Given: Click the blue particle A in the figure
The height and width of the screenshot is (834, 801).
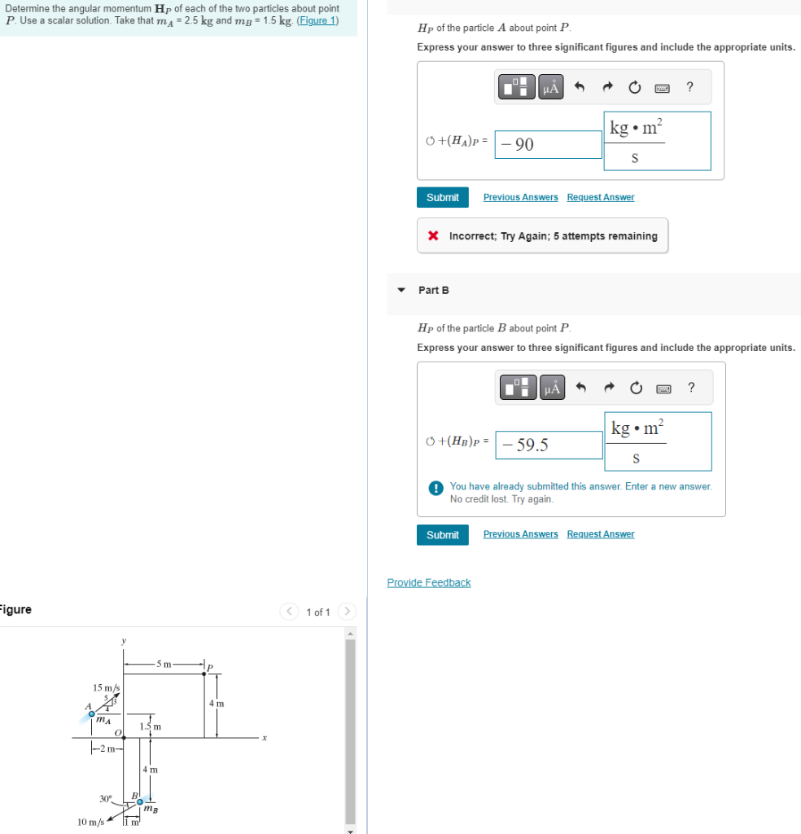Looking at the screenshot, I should point(92,714).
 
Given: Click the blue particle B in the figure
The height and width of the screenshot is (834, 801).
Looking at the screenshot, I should point(140,801).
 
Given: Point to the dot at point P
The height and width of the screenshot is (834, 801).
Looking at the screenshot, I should point(204,673).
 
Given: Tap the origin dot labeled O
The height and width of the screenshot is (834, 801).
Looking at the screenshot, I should point(125,738).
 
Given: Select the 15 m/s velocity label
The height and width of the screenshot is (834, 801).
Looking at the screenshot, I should point(107,688).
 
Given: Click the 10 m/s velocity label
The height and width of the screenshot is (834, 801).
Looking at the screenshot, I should point(90,822).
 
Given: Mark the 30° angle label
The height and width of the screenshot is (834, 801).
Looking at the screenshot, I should point(105,798).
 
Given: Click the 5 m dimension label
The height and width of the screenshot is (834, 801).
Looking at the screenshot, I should point(164,664).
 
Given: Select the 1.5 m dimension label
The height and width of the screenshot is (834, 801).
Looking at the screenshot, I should point(151,726).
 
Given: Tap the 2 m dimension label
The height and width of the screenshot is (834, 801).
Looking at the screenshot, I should point(107,749).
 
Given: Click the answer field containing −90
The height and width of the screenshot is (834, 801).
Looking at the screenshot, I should point(548,145).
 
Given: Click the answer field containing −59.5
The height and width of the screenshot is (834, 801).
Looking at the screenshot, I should point(548,445).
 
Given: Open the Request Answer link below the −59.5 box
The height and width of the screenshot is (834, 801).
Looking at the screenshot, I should point(600,534).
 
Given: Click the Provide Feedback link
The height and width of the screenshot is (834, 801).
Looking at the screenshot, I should point(428,582).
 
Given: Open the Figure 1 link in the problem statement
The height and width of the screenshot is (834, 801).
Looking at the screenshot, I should point(317,20).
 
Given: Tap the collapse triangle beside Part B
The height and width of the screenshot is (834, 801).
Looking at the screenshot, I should point(400,290).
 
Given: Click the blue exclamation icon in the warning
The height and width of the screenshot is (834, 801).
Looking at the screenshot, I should point(436,488).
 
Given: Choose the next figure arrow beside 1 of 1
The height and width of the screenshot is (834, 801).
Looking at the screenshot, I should point(347,612).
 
